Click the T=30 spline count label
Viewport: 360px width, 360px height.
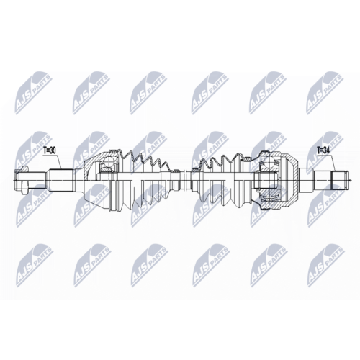(x=50, y=150)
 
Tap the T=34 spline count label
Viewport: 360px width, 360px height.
(x=323, y=151)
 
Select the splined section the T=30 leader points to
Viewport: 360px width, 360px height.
(x=61, y=180)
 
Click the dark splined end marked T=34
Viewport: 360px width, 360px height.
(x=339, y=180)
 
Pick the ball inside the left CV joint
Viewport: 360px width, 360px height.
(x=109, y=161)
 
